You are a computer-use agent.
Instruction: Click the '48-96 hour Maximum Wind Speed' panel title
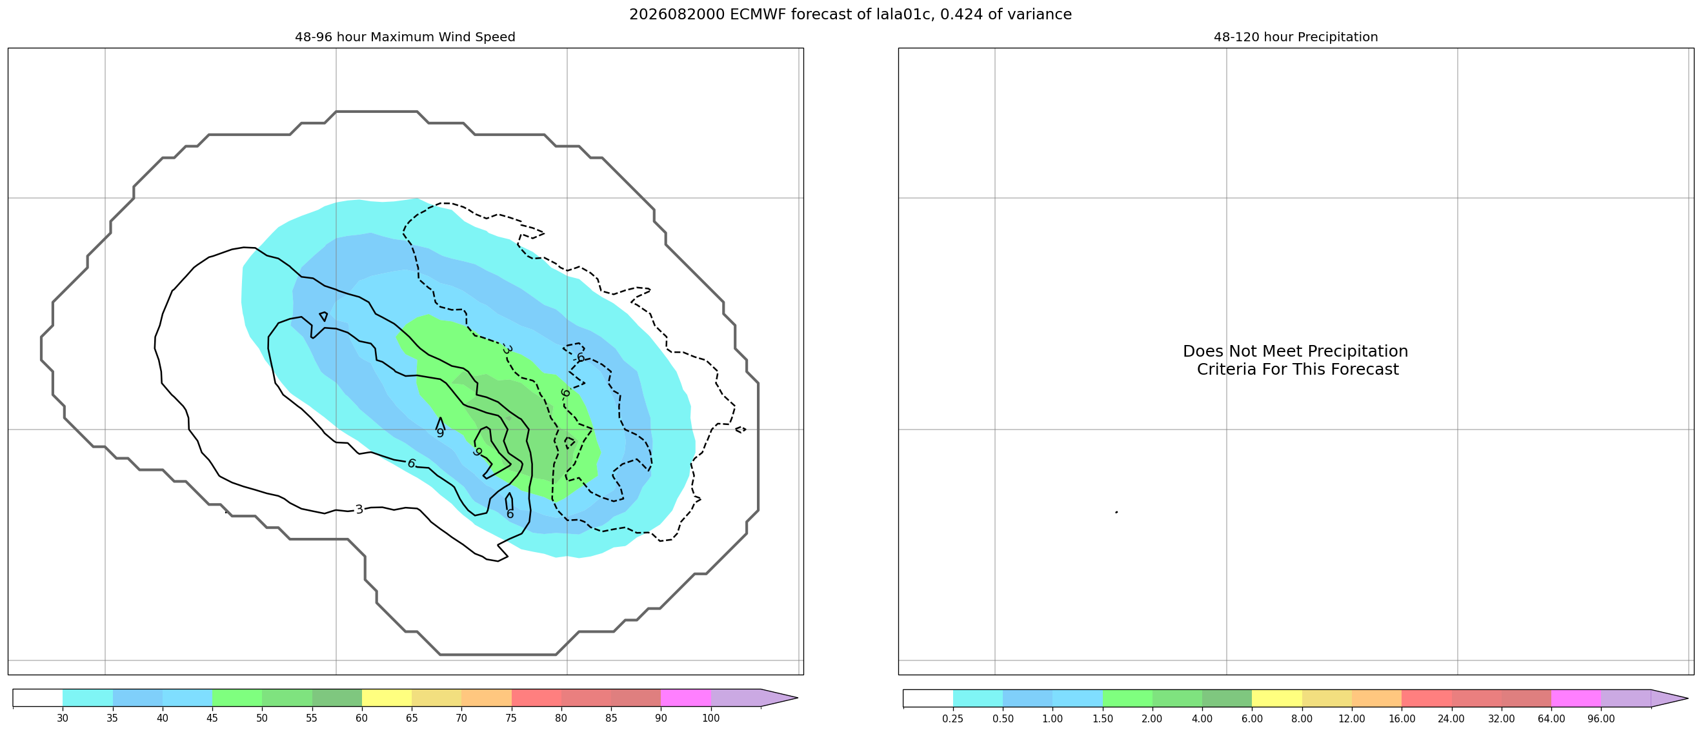[x=405, y=37]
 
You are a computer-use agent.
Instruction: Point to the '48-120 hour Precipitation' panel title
[x=1296, y=37]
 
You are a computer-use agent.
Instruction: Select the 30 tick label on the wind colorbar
[x=63, y=718]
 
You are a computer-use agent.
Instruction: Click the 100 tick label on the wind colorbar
[x=711, y=718]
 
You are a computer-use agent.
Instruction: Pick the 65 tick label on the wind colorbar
[x=412, y=718]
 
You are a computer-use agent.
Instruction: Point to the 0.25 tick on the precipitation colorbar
[x=953, y=719]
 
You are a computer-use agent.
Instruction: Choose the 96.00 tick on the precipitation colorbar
[x=1600, y=719]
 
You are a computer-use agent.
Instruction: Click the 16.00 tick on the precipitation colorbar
[x=1402, y=719]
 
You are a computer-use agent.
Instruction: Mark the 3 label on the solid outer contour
[x=359, y=509]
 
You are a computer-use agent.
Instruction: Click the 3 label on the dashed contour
[x=507, y=349]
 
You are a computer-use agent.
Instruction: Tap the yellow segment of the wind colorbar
[x=387, y=698]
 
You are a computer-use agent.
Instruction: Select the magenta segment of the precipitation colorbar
[x=1576, y=698]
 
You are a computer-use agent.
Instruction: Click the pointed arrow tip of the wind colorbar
[x=797, y=698]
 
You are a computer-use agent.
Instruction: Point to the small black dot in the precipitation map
[x=1116, y=512]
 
